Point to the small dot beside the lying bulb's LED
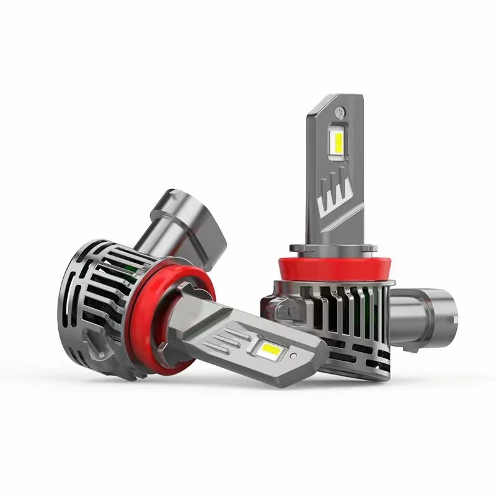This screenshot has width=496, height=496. point(293,355)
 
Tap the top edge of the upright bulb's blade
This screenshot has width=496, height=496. point(335,98)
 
